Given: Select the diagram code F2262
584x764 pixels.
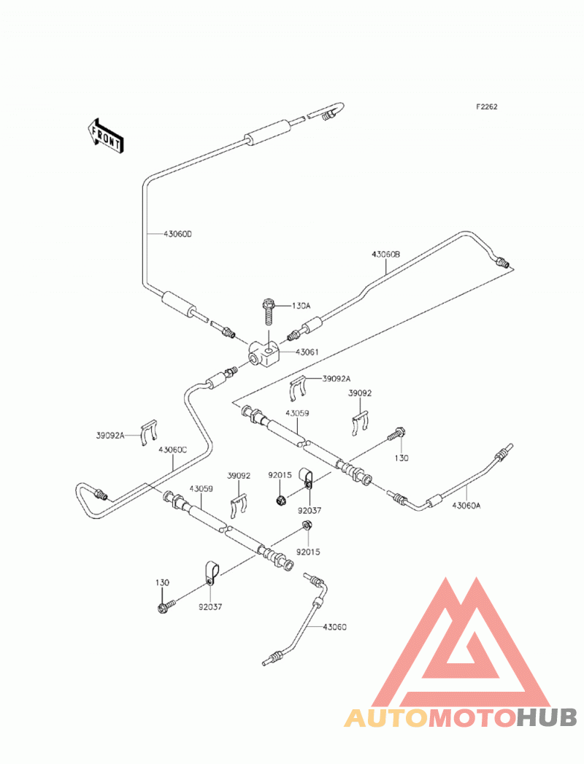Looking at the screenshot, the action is point(486,107).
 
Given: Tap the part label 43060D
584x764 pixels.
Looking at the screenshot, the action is point(177,234).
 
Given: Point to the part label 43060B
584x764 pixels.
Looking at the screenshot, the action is point(385,255).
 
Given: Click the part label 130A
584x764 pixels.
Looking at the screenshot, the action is point(301,306).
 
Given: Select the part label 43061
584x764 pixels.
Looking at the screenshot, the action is point(307,352).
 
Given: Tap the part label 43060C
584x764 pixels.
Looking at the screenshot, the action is point(172,450).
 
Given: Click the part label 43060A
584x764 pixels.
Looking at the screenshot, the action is point(466,505).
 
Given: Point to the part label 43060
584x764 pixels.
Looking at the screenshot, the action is point(334,627).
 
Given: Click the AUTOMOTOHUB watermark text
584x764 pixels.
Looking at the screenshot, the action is point(461,718).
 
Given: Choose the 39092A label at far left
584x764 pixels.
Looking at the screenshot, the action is point(110,436).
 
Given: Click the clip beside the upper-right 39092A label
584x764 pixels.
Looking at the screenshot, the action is point(297,388).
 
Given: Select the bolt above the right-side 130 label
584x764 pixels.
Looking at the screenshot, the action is point(397,433).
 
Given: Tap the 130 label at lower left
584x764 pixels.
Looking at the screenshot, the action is point(162,583).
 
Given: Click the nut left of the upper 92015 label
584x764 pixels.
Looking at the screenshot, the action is point(280,500).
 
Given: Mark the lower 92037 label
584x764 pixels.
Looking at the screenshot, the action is point(210,607).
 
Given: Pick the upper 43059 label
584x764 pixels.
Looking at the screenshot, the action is point(297,413).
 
